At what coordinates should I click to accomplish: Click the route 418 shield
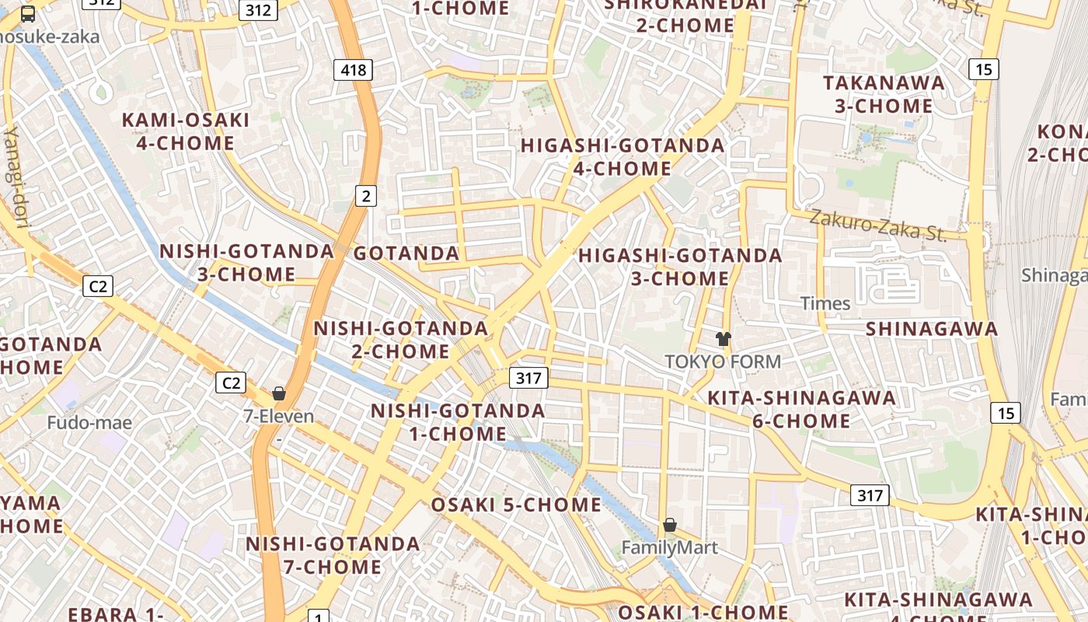354,70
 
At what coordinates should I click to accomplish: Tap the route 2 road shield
366,196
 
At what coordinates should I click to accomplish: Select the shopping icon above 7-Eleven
279,393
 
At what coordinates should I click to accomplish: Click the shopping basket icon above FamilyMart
670,525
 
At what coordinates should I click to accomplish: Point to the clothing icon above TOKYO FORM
724,338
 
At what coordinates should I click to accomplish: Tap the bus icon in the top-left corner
28,13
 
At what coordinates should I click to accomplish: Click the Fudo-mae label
89,423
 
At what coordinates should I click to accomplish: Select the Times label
825,303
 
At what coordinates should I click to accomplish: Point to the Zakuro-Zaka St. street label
878,225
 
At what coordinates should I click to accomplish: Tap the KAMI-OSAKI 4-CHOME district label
186,131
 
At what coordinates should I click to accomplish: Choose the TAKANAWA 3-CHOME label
884,94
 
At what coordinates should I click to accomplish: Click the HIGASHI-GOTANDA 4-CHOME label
622,157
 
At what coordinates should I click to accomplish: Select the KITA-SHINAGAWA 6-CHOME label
801,410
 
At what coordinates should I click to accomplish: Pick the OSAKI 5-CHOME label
516,505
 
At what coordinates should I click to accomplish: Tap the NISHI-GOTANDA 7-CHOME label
333,555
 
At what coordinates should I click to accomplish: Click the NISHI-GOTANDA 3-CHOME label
246,263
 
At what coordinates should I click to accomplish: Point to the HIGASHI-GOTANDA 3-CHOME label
680,267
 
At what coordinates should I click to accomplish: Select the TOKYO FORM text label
723,362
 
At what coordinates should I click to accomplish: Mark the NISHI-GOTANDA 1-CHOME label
458,422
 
